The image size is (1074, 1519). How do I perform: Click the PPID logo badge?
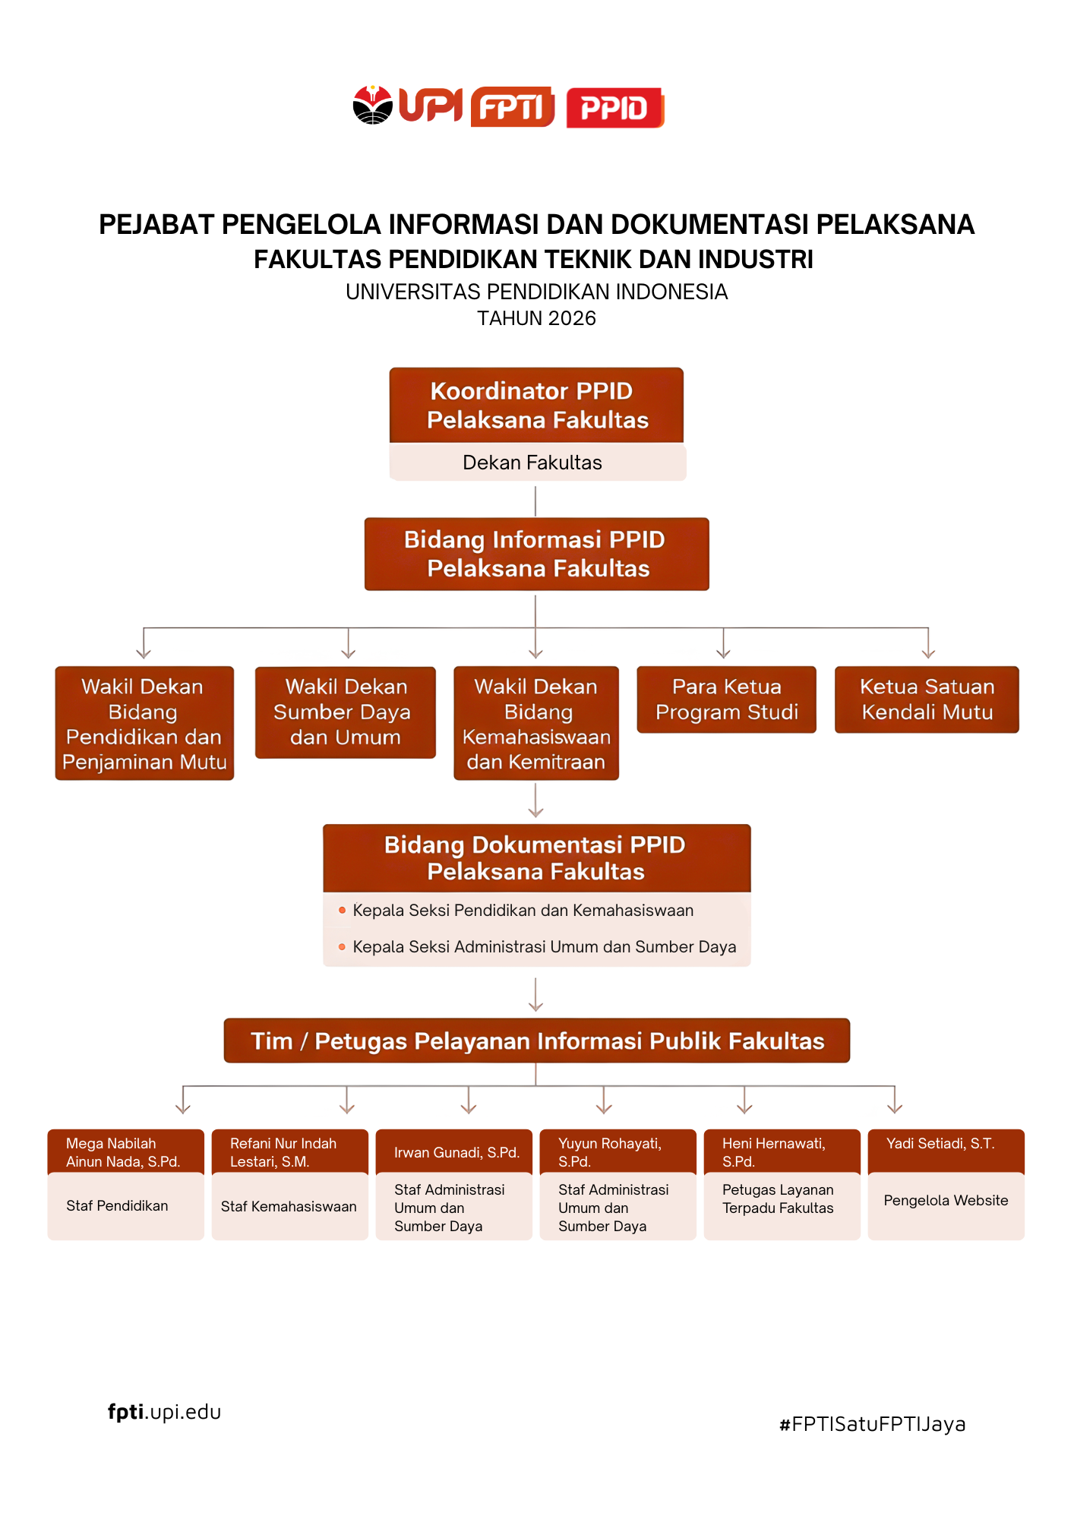point(615,108)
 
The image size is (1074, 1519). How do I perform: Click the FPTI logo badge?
point(513,107)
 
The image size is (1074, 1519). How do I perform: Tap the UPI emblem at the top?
point(373,105)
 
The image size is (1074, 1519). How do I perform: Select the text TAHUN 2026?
point(536,318)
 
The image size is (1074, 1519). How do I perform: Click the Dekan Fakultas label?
point(532,463)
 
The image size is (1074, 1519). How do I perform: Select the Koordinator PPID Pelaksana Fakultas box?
point(536,406)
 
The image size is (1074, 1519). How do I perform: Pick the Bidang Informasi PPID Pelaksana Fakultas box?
point(536,554)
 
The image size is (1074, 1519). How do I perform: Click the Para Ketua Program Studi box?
point(726,699)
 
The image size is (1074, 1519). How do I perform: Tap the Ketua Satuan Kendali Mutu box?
point(927,699)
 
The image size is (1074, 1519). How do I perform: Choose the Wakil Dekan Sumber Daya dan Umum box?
point(346,712)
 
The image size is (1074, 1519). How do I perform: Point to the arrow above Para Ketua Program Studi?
point(723,643)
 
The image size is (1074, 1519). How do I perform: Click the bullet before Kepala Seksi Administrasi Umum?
point(342,947)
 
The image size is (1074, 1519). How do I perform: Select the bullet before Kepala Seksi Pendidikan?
point(342,910)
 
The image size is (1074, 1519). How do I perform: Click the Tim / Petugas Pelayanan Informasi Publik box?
point(536,1041)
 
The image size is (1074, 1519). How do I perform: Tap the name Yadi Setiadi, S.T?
point(940,1144)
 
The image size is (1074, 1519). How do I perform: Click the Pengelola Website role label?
point(946,1201)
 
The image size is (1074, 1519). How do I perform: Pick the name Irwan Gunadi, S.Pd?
point(456,1153)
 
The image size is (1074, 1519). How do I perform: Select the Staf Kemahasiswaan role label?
point(289,1207)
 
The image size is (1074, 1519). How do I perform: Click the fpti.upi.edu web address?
point(164,1412)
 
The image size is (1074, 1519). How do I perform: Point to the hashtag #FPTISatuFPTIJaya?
point(873,1424)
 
